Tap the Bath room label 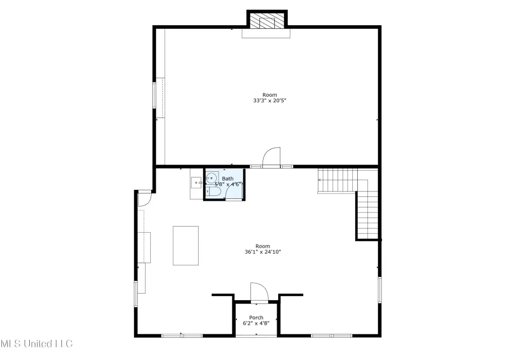(228, 179)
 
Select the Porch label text (256, 317)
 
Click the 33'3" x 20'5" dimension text (270, 101)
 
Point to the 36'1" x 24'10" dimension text (263, 252)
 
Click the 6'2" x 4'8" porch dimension (256, 323)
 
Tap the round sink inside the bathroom (211, 178)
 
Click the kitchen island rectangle (185, 246)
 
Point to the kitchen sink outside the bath (197, 182)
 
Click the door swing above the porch (260, 292)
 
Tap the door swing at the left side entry (144, 199)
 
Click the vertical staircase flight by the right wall (367, 215)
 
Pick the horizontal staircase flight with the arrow (338, 180)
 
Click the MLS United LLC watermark (36, 344)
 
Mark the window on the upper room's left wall (154, 95)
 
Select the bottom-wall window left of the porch (181, 336)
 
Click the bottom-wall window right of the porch (332, 336)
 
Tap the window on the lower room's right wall (380, 290)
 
